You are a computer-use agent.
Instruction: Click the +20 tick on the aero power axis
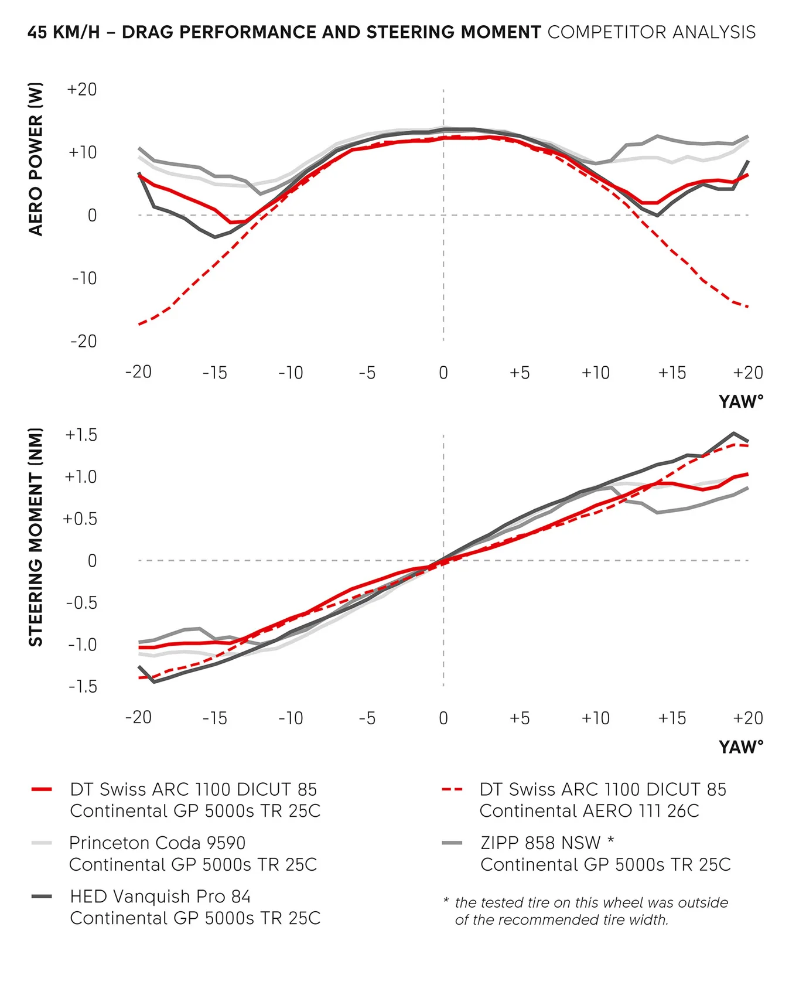82,90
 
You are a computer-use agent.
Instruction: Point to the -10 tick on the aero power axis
84,278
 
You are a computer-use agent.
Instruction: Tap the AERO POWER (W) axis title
36,159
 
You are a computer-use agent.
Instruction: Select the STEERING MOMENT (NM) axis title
36,537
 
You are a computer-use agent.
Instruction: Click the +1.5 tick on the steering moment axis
81,435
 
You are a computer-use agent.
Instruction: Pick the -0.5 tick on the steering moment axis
81,603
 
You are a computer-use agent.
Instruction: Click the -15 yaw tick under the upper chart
214,373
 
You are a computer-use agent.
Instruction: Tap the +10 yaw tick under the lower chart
595,718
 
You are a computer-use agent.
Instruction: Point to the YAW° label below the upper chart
741,402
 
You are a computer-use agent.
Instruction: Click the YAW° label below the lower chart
741,748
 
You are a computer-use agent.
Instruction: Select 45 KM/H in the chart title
63,32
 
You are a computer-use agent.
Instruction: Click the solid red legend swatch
42,790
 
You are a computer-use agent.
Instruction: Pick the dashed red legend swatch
452,790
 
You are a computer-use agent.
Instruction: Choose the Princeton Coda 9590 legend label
157,843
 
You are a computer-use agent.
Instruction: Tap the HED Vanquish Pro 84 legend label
160,897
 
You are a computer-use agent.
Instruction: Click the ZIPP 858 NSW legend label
541,843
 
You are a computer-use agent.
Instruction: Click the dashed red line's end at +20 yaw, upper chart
748,306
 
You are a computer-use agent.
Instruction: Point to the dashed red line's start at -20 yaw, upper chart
139,324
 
